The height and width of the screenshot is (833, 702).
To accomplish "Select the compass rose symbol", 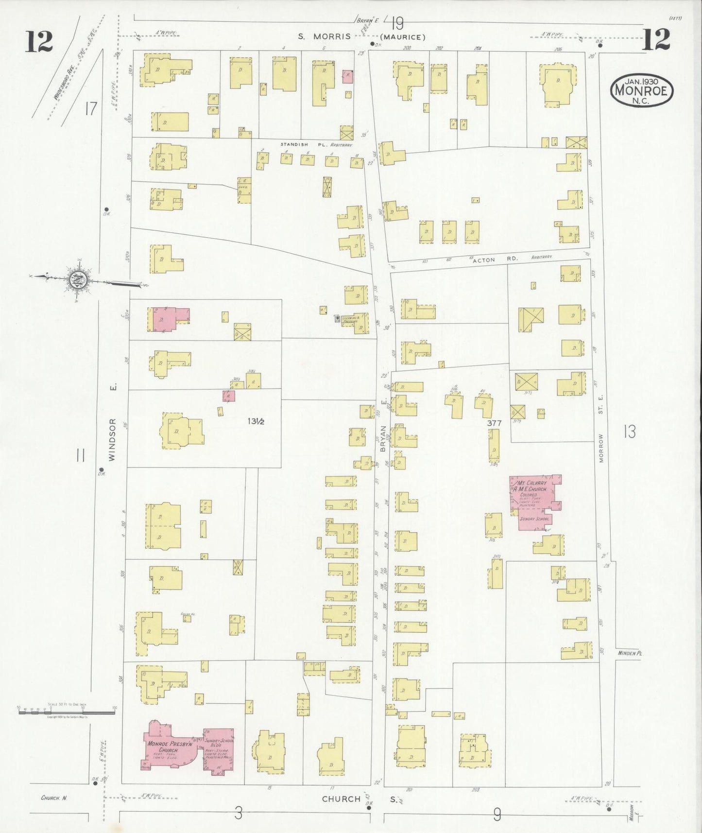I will (x=77, y=279).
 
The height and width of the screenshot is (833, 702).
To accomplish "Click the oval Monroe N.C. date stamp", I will (x=642, y=89).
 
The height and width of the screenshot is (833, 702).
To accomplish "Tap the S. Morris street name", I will (x=324, y=36).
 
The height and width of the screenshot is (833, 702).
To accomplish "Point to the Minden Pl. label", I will (x=630, y=653).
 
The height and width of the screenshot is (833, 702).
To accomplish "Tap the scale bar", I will (x=67, y=712).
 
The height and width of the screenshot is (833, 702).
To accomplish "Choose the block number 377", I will (x=494, y=423).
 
